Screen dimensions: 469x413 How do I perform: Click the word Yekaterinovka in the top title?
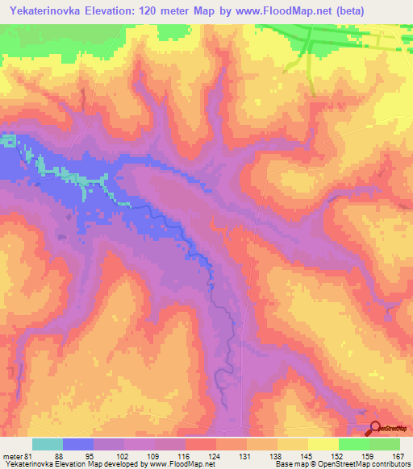click(x=43, y=11)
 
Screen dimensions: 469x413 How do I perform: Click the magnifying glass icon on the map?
click(x=376, y=429)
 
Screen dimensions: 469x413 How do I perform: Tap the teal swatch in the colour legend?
click(x=48, y=444)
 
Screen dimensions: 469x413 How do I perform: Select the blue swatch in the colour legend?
click(x=78, y=444)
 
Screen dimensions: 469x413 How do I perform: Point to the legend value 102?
click(x=123, y=456)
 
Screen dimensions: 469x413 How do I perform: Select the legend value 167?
click(x=396, y=456)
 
